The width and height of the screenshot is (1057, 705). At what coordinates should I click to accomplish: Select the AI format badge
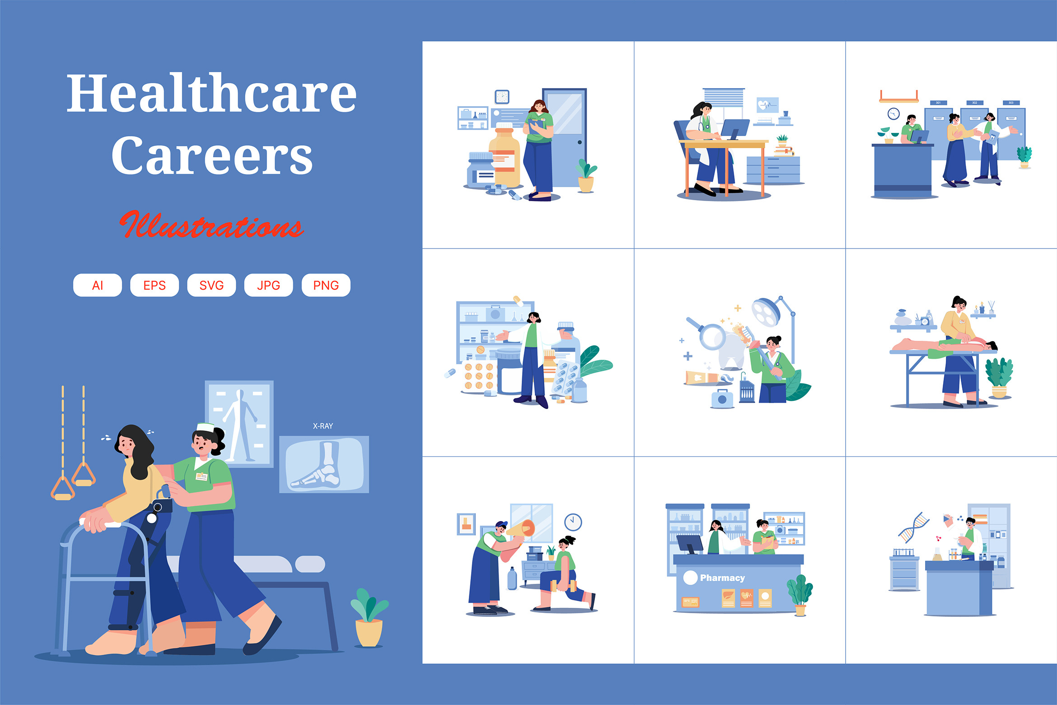click(x=98, y=285)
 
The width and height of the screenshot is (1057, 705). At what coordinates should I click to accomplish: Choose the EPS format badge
click(x=154, y=285)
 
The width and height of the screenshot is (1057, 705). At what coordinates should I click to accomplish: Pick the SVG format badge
click(x=211, y=285)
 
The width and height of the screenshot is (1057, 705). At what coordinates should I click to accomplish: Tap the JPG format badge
click(x=269, y=285)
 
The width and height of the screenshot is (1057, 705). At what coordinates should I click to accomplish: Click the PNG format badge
click(x=326, y=285)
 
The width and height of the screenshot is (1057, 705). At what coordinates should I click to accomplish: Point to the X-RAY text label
click(x=323, y=426)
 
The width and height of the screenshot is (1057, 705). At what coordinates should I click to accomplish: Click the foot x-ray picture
click(x=324, y=464)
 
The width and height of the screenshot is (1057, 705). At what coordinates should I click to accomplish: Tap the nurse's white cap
click(x=206, y=427)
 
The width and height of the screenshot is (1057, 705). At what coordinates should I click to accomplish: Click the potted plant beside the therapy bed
click(x=369, y=617)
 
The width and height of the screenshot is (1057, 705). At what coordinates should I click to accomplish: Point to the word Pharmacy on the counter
click(x=722, y=578)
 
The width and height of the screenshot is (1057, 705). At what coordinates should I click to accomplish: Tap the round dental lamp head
click(x=766, y=312)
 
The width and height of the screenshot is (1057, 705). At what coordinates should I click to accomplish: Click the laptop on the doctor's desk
click(x=735, y=129)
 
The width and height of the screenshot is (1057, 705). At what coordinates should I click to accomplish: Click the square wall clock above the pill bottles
click(x=502, y=97)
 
